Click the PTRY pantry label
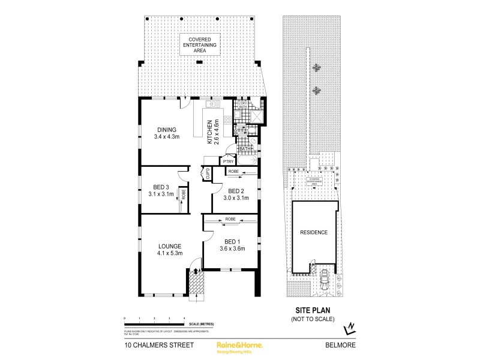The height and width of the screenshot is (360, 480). tap(228, 161)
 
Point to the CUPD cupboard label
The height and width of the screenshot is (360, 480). tap(208, 174)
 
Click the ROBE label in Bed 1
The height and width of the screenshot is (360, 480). tap(230, 220)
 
